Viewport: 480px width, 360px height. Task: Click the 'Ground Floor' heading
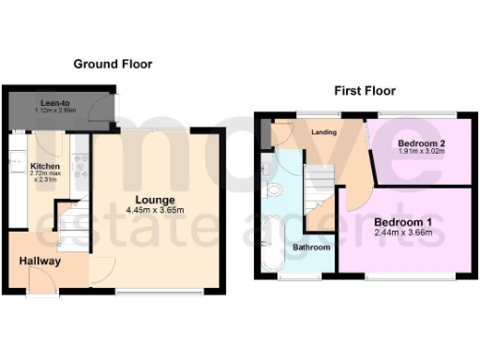[112, 64]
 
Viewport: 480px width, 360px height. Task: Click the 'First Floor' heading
[365, 91]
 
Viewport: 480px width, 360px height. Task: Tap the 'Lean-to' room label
[52, 103]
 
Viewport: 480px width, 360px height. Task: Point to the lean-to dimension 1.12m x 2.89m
[54, 112]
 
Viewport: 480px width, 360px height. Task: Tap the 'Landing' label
[324, 132]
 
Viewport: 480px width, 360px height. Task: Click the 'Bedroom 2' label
[412, 142]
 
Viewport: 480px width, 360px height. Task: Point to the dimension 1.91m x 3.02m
[412, 152]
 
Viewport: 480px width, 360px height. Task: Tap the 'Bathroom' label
[309, 247]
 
